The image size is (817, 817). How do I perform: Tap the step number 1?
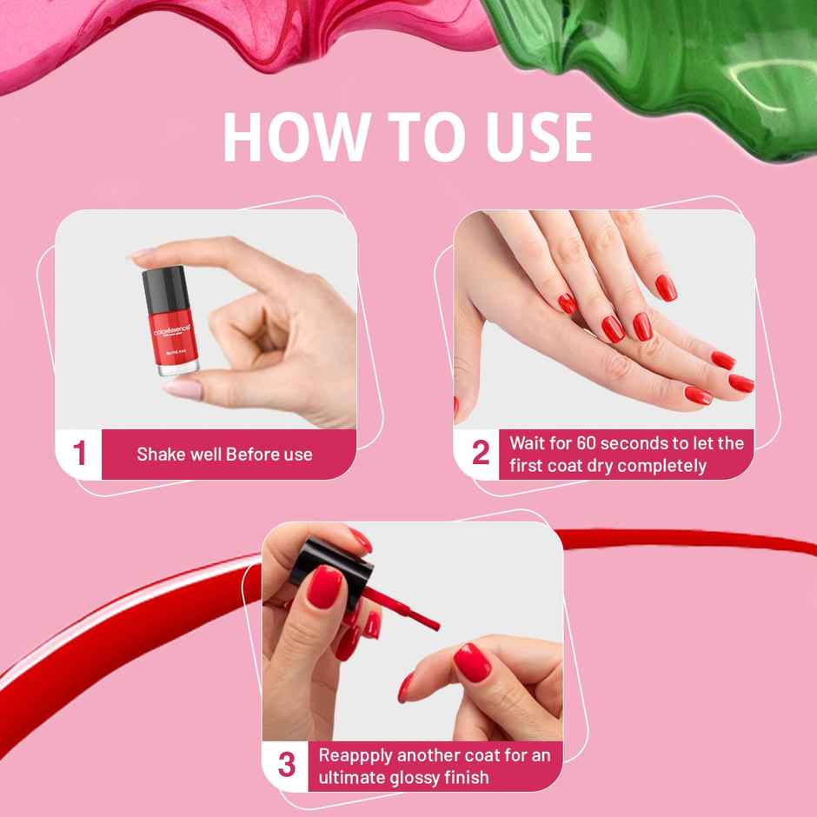pos(80,454)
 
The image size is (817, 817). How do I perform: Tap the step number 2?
pos(481,454)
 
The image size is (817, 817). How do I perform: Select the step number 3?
pos(287,766)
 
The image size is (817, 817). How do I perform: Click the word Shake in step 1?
pos(159,454)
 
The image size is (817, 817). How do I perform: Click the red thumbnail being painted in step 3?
pos(472,662)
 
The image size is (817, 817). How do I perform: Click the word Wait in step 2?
pos(527,443)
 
